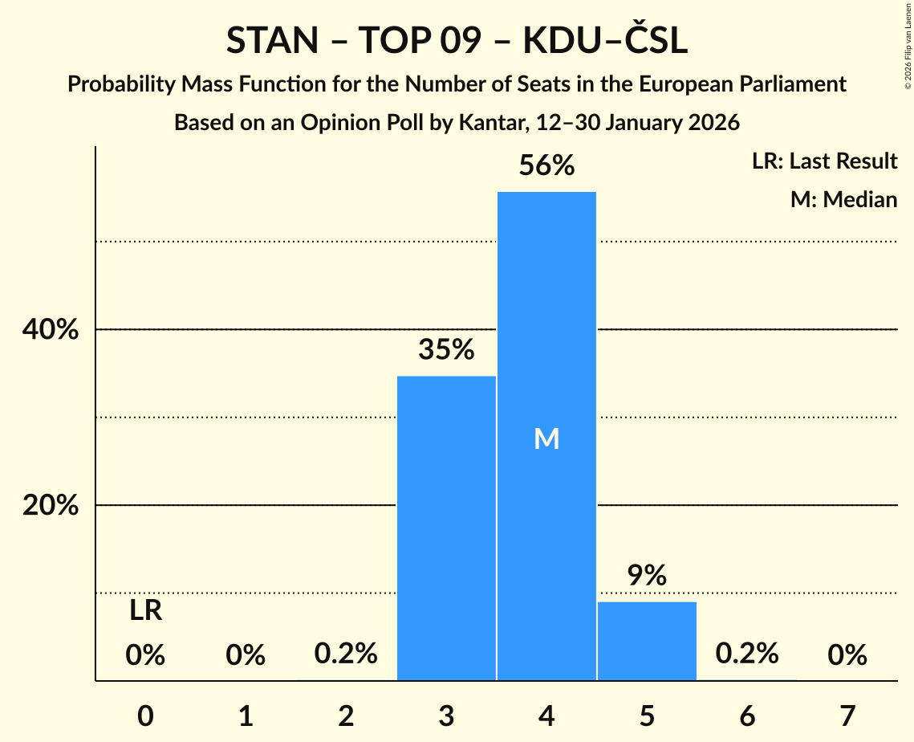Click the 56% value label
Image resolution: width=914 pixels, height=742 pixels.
coord(546,166)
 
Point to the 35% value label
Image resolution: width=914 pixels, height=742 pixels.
coord(446,350)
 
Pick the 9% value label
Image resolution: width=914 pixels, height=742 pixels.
coord(647,576)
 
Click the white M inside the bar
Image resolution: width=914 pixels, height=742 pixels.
coord(546,438)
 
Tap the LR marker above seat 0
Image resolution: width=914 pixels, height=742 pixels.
coord(145,611)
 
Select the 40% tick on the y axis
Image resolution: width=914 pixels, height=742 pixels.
coord(50,330)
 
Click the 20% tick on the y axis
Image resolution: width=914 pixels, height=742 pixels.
coord(50,506)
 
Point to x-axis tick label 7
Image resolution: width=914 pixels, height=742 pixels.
coord(847,715)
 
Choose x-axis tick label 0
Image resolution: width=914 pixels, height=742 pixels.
coord(145,715)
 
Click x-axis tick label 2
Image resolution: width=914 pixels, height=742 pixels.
coord(346,715)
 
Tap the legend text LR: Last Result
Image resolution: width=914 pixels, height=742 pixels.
coord(824,161)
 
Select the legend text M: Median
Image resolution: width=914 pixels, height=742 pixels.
coord(843,199)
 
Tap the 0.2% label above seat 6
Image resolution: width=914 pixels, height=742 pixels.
coord(747,654)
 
